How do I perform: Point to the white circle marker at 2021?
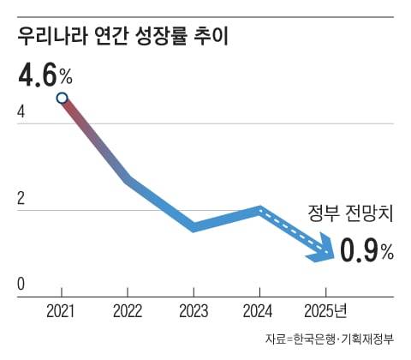pos(62,98)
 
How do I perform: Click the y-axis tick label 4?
pos(21,111)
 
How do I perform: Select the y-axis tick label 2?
pos(21,197)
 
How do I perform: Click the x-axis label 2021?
pos(62,310)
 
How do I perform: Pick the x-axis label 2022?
pos(128,310)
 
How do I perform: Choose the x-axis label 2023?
pos(194,310)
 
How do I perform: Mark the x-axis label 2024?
pos(259,310)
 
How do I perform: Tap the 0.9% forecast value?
pos(366,250)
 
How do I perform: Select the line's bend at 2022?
pos(128,181)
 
